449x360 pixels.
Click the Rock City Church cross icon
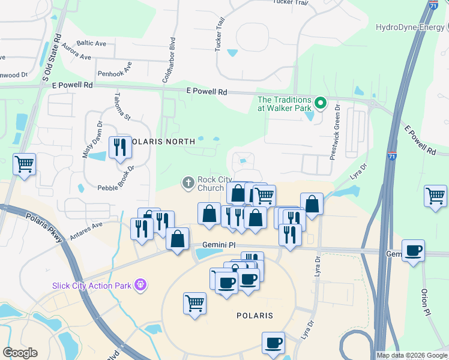click(x=188, y=182)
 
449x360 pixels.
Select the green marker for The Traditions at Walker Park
click(x=321, y=103)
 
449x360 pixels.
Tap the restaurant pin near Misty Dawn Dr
click(x=119, y=147)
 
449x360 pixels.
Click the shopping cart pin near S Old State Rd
click(x=24, y=164)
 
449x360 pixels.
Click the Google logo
click(x=20, y=352)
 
